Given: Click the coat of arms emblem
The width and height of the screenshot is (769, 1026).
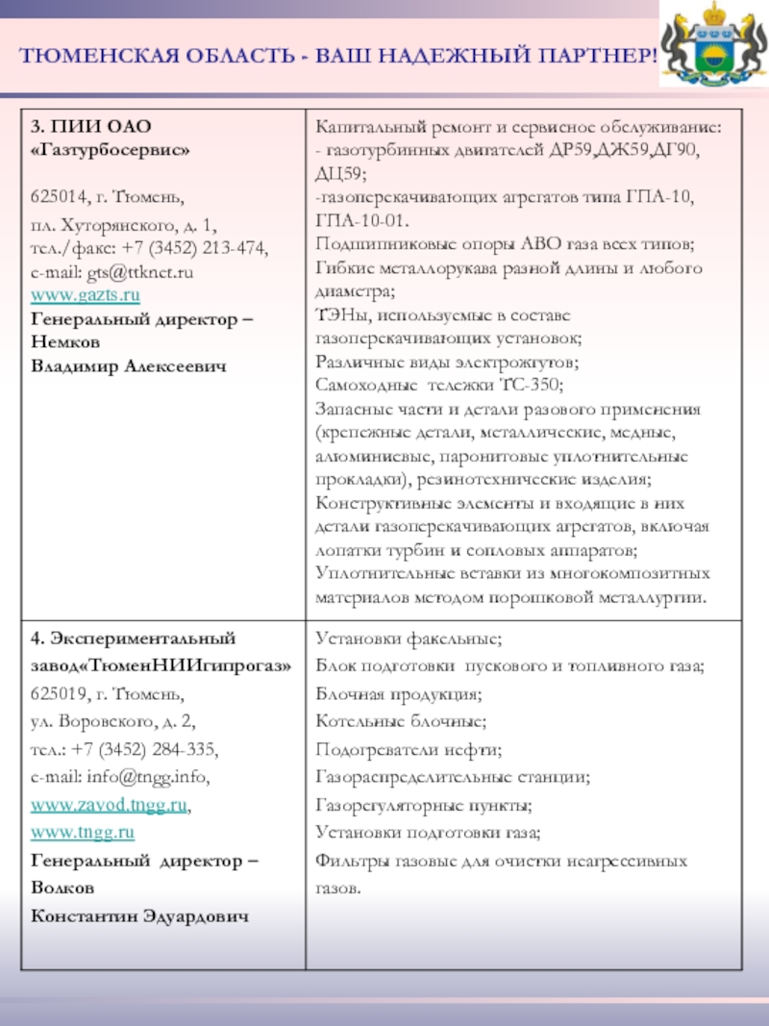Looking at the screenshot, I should click(x=712, y=48).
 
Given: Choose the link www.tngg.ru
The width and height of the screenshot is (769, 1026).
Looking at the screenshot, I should click(x=83, y=831).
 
